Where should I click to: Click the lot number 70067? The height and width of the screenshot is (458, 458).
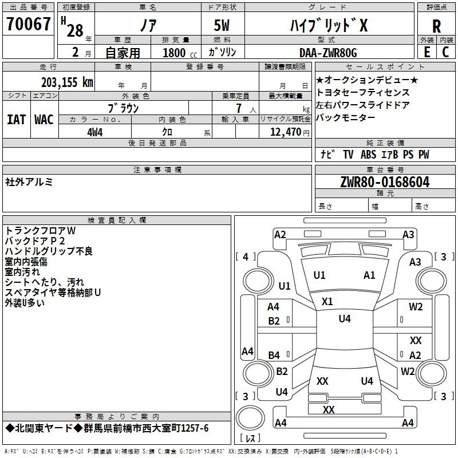(28, 24)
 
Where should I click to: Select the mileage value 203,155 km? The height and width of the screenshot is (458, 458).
(67, 82)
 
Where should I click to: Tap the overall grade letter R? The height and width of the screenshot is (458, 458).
(436, 26)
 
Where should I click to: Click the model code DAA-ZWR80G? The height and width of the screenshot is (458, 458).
(328, 53)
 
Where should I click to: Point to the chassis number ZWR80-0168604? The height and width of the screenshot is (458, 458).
(385, 182)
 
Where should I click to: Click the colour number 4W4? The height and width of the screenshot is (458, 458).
(95, 132)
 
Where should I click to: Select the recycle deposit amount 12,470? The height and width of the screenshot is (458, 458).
(286, 132)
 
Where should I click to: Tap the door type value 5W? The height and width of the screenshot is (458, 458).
(222, 25)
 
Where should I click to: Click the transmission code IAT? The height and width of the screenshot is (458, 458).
(17, 120)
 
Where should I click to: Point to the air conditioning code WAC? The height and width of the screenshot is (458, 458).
(44, 120)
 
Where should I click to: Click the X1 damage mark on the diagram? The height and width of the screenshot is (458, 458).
(327, 302)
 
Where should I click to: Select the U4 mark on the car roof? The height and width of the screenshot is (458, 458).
(345, 319)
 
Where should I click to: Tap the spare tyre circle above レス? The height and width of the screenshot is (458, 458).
(250, 418)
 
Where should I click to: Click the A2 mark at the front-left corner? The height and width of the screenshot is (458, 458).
(280, 235)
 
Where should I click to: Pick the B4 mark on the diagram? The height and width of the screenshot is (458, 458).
(274, 355)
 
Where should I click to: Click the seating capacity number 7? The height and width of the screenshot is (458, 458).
(239, 108)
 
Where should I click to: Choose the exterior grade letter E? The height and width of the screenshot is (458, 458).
(427, 52)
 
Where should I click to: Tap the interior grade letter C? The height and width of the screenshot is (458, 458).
(445, 52)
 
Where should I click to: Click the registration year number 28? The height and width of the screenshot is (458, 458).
(75, 30)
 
